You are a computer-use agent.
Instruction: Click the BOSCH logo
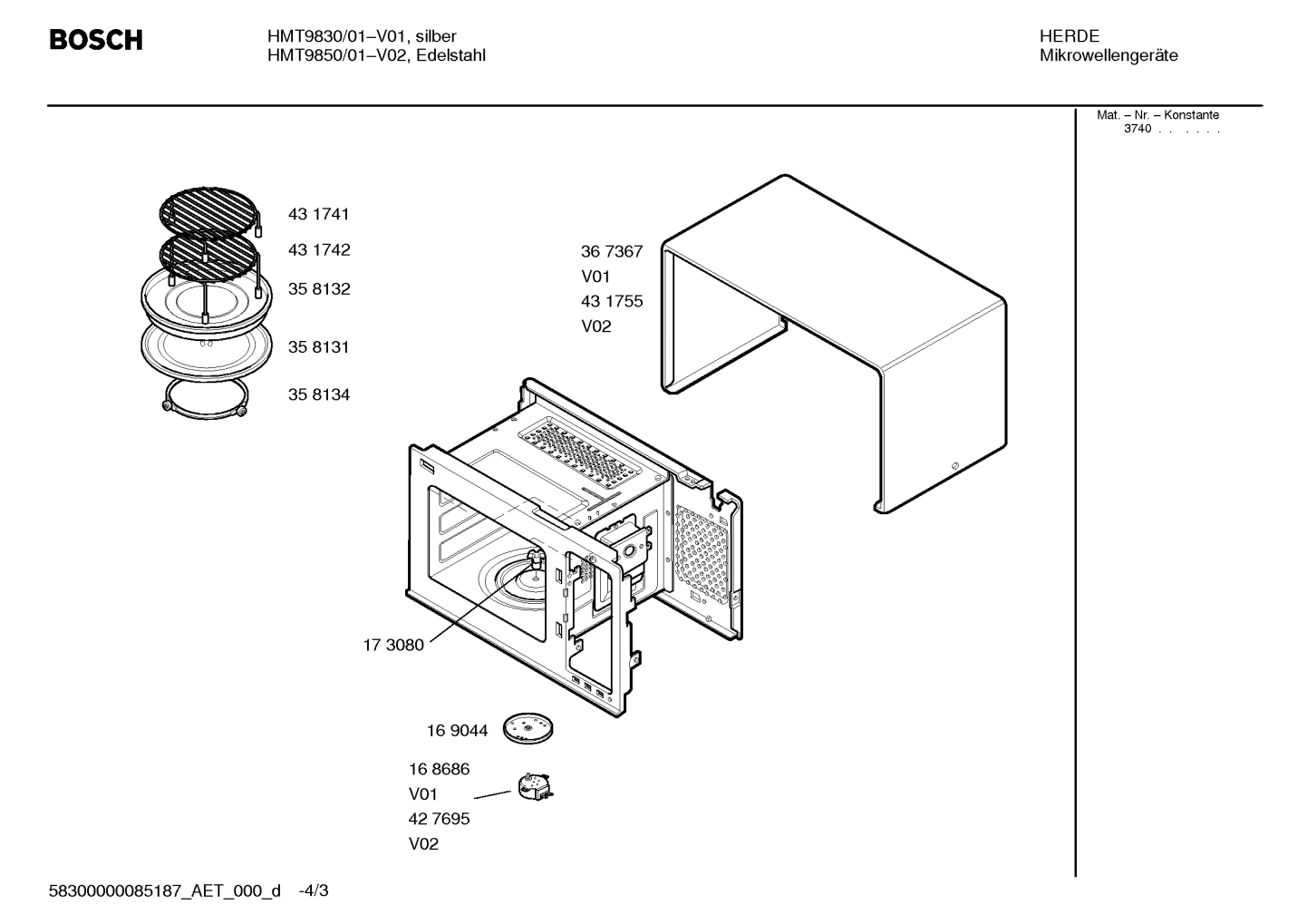(96, 41)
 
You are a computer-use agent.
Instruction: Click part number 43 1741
(319, 215)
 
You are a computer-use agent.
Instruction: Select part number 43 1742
(319, 250)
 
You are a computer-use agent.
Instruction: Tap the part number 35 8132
(319, 289)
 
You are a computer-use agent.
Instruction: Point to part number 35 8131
(319, 347)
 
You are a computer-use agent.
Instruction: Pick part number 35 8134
(319, 395)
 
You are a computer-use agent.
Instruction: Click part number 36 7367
(612, 252)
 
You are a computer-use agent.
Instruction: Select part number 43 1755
(612, 302)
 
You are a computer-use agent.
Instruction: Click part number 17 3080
(393, 646)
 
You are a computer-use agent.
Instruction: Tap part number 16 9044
(457, 731)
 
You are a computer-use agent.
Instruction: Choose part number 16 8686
(439, 770)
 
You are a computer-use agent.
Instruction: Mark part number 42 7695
(439, 820)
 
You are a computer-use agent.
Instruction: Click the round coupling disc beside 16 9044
(528, 728)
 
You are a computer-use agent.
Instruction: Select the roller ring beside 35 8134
(205, 400)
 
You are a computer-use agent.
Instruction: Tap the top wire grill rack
(208, 211)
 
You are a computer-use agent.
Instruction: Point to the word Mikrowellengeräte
(1109, 56)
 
